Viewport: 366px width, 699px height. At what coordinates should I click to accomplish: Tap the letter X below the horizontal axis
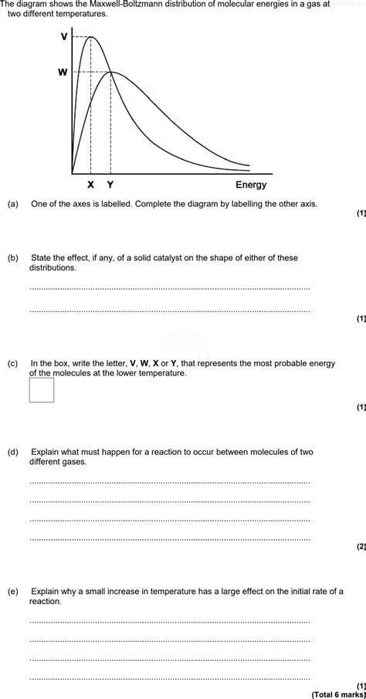click(90, 185)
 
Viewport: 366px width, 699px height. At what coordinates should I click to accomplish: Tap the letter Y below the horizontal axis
click(110, 185)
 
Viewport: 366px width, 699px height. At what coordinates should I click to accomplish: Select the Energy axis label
click(251, 185)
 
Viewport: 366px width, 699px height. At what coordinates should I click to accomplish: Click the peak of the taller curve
click(91, 37)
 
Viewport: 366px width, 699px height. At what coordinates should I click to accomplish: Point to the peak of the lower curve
click(111, 73)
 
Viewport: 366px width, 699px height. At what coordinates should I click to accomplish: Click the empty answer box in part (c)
click(42, 390)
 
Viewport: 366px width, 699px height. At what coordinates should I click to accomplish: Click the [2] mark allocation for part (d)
click(361, 547)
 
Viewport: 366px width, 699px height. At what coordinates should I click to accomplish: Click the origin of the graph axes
click(73, 174)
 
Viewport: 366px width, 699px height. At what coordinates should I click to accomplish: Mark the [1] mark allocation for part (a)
click(361, 213)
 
